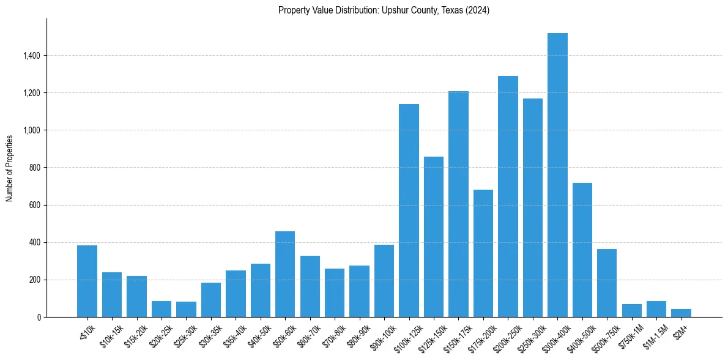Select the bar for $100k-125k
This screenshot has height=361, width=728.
(x=409, y=210)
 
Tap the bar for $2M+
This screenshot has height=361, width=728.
(x=681, y=313)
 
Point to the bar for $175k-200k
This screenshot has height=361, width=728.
(x=483, y=253)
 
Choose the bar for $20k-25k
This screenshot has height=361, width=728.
(x=162, y=309)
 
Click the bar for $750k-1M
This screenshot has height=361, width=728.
(x=631, y=310)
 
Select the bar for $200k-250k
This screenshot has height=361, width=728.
(x=508, y=196)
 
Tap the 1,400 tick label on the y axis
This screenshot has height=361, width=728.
(x=32, y=56)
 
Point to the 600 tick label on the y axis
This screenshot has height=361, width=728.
(x=35, y=205)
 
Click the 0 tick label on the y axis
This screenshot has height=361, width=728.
(x=39, y=317)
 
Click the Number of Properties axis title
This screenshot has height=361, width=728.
(x=10, y=168)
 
